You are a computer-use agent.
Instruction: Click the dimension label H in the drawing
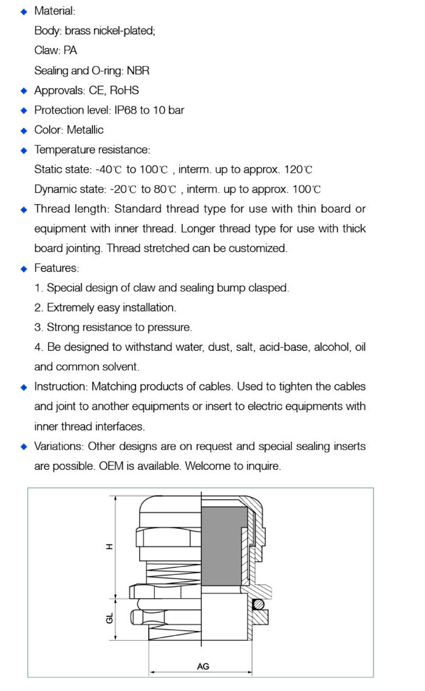point(110,546)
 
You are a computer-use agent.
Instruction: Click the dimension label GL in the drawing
point(110,619)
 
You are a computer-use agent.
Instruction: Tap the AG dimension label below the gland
point(203,666)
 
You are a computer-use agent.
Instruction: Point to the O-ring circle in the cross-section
point(257,604)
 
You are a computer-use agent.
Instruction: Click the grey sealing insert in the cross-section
point(223,546)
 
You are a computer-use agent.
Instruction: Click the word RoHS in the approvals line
point(124,90)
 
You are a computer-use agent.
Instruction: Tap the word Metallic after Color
point(85,130)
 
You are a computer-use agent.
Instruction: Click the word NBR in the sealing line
point(138,70)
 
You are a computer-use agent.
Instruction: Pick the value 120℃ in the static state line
point(300,169)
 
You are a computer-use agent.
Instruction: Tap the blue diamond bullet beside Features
point(24,268)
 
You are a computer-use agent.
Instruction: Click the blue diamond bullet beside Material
point(24,12)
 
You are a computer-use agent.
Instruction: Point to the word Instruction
point(60,387)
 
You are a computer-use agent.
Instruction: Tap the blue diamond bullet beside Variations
point(24,447)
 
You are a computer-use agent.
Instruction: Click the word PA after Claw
point(70,51)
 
